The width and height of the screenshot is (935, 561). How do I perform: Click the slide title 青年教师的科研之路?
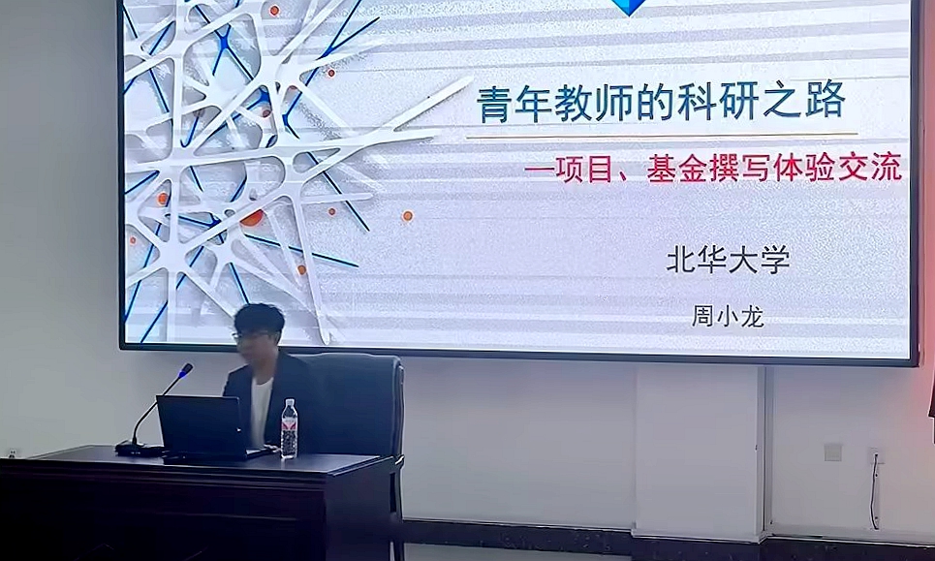[661, 102]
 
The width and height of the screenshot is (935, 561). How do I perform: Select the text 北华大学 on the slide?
[728, 260]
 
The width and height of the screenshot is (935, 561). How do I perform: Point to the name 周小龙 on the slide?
[728, 316]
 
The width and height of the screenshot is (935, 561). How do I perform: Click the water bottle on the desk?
[289, 428]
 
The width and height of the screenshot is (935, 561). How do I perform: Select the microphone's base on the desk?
[139, 449]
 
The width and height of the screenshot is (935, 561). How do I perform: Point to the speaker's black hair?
[259, 320]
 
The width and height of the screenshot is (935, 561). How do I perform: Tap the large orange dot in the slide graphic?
[251, 218]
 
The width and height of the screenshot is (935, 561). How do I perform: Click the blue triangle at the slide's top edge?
[630, 7]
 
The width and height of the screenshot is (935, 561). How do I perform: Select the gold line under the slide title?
[662, 136]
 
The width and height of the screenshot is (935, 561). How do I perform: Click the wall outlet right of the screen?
[832, 452]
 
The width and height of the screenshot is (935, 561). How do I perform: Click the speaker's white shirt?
[261, 413]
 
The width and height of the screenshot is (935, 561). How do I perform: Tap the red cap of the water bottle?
[289, 402]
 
